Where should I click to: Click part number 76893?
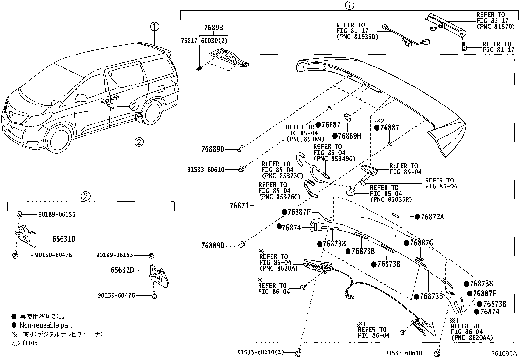(x=213, y=28)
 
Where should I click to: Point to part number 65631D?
(x=63, y=239)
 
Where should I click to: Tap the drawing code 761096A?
(x=503, y=354)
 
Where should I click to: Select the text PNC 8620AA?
(x=472, y=338)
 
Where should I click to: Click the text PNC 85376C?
(x=279, y=197)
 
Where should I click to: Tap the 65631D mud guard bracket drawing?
(x=26, y=236)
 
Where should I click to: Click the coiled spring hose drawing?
(x=312, y=189)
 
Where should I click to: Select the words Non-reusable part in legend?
(x=46, y=325)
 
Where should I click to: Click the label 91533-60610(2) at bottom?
(x=260, y=352)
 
